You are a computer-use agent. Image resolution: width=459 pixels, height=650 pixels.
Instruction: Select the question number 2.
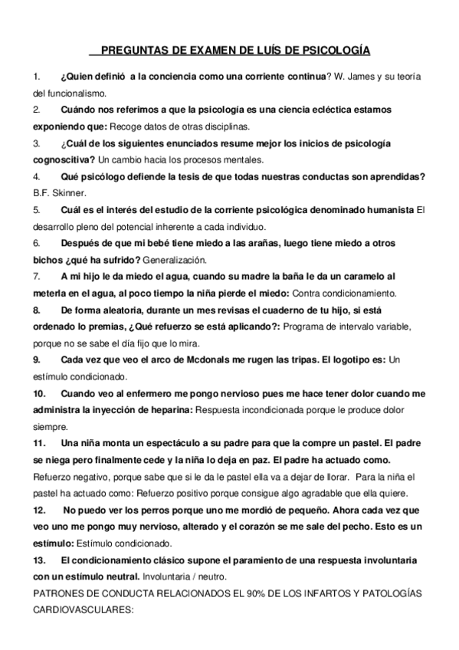point(36,110)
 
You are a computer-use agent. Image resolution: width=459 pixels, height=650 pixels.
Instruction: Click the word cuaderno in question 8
point(282,309)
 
